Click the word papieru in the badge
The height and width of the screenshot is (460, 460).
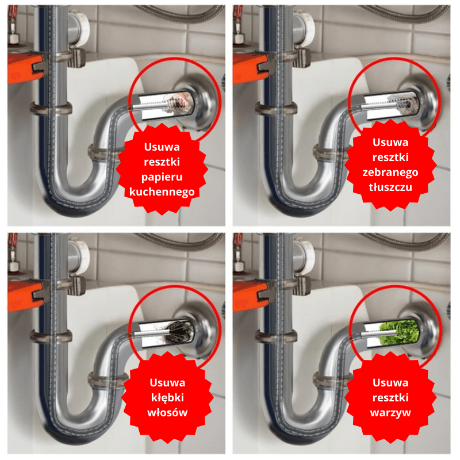coord(162,177)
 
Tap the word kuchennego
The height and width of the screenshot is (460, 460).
coord(162,192)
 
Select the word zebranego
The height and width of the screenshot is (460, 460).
coord(390,172)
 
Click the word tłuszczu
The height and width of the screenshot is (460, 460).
coord(390,187)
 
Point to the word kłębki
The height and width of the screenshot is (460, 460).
coord(167,398)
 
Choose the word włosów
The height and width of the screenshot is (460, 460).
coord(167,412)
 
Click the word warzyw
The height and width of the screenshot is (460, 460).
coord(390,413)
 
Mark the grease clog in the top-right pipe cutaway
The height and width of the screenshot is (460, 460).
coord(405,103)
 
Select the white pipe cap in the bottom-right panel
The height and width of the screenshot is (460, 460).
coord(305,256)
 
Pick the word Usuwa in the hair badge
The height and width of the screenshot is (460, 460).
coord(167,383)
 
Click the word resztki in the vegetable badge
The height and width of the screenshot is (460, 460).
coord(390,398)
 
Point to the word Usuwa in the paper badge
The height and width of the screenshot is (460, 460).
coord(162,147)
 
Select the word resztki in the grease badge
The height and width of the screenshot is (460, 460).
coord(390,158)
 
